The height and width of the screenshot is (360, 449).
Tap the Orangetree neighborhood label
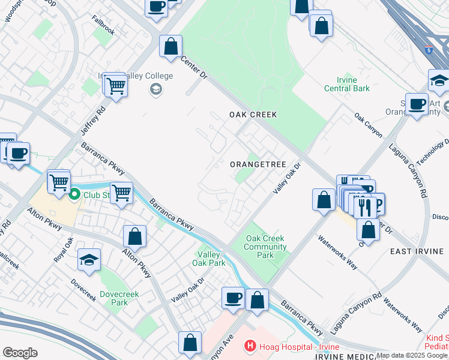[x=255, y=164]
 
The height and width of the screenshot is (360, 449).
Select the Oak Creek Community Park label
[x=265, y=247]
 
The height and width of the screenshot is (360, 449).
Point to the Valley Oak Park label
[x=208, y=259]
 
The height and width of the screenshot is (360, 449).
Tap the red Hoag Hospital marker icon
[x=249, y=346]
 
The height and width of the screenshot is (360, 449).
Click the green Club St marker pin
[x=75, y=194]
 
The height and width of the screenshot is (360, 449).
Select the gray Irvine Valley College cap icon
[x=155, y=89]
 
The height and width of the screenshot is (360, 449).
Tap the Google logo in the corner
[x=20, y=352]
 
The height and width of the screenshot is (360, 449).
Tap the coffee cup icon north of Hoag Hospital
[x=233, y=297]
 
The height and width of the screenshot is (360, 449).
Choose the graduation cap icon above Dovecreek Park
[x=89, y=260]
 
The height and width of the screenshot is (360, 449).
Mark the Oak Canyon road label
[x=368, y=125]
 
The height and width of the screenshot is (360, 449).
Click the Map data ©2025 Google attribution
[x=412, y=355]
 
